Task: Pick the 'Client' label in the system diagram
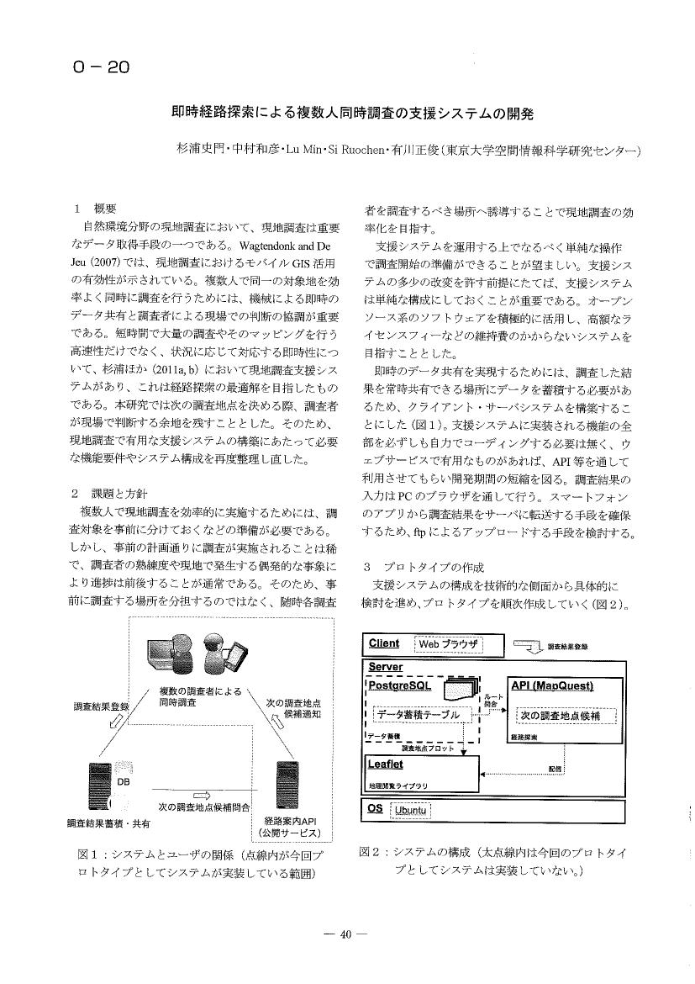(384, 644)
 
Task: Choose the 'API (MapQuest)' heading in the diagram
(552, 686)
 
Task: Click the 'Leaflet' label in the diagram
(386, 764)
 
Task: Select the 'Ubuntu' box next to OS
(413, 810)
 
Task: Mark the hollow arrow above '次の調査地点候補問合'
(201, 794)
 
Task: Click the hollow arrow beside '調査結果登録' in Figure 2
(528, 647)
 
